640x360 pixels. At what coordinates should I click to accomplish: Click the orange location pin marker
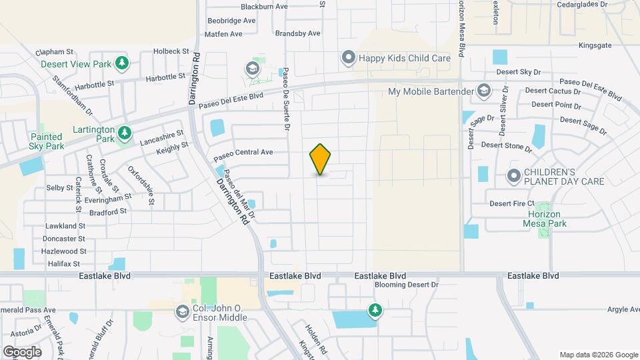320,159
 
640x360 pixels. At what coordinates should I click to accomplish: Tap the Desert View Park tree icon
122,64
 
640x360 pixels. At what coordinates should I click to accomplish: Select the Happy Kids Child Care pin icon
349,58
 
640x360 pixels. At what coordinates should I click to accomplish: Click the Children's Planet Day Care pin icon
513,176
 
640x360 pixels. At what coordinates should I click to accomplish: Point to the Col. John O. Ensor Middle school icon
182,311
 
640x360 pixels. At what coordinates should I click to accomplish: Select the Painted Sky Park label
47,141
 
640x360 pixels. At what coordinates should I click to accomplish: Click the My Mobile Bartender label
431,91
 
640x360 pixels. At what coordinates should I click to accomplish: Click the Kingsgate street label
595,46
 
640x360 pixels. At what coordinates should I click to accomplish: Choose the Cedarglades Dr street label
575,4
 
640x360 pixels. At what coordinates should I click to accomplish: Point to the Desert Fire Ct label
512,203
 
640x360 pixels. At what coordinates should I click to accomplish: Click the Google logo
22,352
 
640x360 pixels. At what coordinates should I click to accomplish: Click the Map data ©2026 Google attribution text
598,355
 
